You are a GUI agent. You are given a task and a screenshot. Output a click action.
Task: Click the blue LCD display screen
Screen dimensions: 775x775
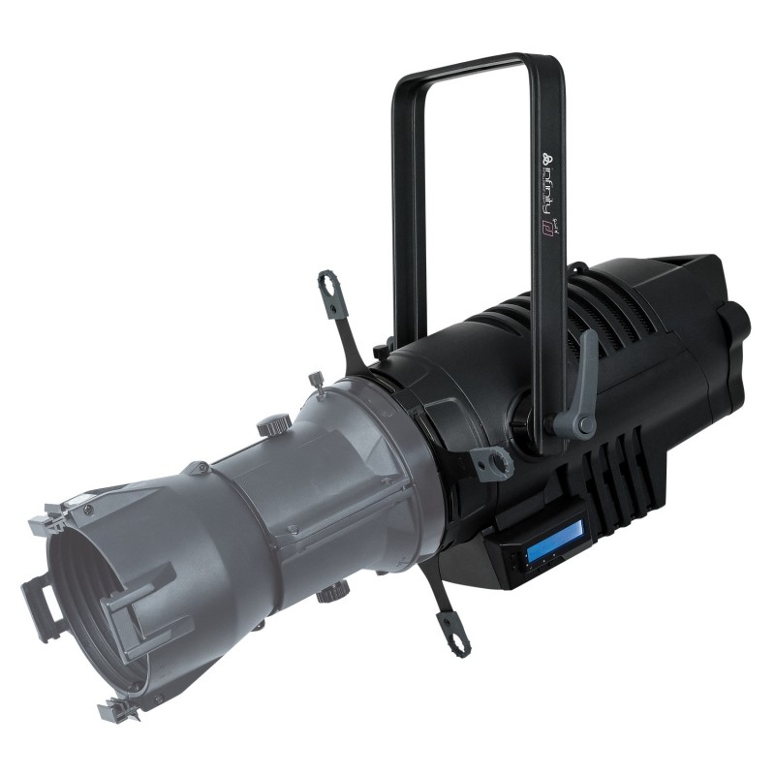(x=553, y=537)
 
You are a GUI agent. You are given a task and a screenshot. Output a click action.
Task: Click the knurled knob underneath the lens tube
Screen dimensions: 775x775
(x=335, y=590)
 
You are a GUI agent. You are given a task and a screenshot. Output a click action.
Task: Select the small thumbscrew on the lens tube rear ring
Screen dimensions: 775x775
(x=315, y=380)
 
